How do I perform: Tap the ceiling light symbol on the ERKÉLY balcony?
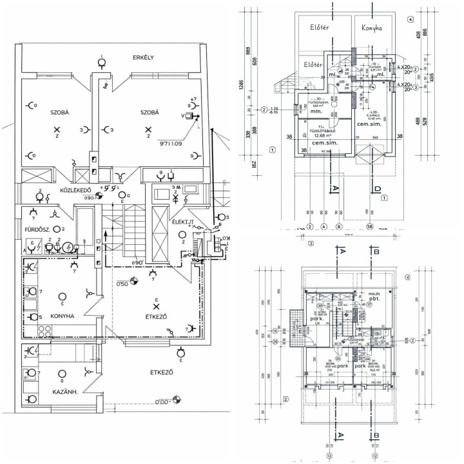102,63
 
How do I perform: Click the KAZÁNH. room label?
62,391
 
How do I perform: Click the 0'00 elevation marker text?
166,402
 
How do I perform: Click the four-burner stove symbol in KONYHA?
45,332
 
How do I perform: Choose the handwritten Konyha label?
371,28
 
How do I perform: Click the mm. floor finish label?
316,111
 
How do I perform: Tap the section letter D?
375,189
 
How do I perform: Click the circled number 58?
370,226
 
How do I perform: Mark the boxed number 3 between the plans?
310,244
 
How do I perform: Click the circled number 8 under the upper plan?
338,226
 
